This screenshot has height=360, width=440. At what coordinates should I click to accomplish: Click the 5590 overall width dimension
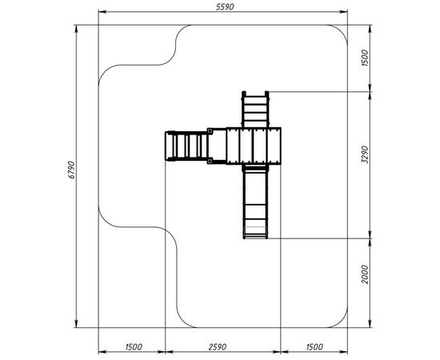225,7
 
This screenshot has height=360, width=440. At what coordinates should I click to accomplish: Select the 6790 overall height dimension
72,170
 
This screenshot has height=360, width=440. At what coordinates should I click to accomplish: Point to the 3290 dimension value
365,154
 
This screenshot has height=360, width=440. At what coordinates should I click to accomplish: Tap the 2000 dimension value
365,274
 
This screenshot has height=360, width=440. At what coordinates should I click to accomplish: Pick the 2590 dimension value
218,347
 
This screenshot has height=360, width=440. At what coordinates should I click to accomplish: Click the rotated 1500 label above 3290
365,58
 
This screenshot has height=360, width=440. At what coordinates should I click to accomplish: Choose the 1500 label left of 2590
134,347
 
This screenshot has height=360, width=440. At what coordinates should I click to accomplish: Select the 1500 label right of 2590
314,347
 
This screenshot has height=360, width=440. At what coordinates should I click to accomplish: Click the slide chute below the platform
255,202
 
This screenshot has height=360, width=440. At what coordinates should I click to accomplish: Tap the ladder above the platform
255,110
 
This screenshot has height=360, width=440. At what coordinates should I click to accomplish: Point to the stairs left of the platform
186,146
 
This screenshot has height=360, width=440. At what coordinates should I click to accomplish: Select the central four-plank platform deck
254,146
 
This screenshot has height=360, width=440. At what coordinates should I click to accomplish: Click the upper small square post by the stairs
210,130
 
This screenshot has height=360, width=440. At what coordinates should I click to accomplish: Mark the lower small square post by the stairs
210,161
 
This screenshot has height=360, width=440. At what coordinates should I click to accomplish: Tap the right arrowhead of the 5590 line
344,12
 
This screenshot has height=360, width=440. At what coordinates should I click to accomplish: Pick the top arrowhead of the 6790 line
77,29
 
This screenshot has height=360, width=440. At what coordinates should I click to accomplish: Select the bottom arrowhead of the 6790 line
77,323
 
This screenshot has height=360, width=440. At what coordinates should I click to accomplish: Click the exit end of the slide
255,232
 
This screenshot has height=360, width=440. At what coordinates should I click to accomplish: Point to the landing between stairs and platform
217,146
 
